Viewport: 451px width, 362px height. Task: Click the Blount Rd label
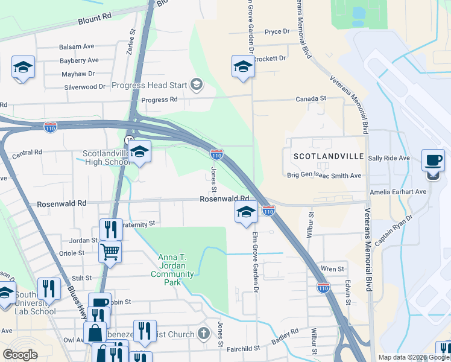95,20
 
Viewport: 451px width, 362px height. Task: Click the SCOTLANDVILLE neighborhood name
329,156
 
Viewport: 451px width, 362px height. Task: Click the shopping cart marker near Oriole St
110,251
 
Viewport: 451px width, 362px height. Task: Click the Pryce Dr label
277,31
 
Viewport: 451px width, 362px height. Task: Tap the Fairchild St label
243,348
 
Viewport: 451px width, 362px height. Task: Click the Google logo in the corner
19,355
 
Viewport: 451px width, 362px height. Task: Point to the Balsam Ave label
77,46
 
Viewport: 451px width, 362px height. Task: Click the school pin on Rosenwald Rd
245,212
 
